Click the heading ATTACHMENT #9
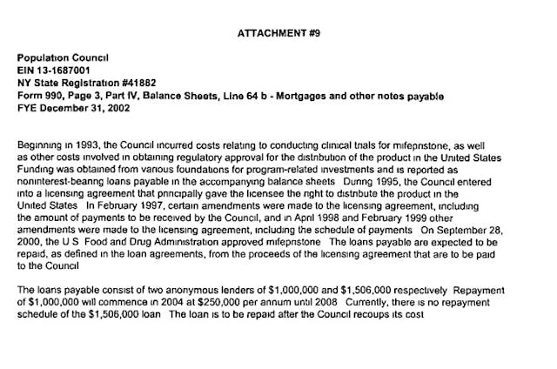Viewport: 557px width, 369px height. pos(277,34)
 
